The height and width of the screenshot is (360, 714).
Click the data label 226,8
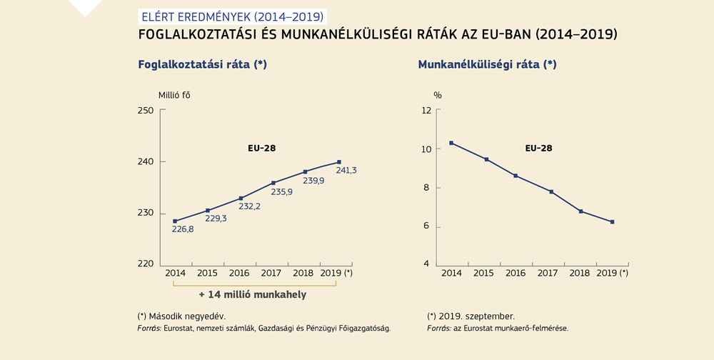(x=182, y=229)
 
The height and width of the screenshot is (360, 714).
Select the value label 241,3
(x=347, y=170)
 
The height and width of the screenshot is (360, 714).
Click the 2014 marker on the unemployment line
(x=451, y=143)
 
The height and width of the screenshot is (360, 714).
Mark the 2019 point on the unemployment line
(x=612, y=222)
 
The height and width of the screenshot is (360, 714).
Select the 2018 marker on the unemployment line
(x=581, y=211)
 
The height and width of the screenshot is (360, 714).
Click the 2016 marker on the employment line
(x=241, y=198)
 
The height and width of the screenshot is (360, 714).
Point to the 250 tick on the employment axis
(x=146, y=110)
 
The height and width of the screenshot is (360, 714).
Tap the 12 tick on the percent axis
(x=426, y=110)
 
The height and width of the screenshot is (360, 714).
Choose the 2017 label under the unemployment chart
(x=548, y=273)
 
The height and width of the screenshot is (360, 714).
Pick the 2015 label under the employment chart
(x=207, y=273)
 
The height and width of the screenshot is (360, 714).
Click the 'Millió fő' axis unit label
(x=174, y=95)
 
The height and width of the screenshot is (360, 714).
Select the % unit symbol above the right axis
(x=438, y=95)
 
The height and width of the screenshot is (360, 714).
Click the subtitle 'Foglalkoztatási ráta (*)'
(x=202, y=64)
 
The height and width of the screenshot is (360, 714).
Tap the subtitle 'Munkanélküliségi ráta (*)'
(x=487, y=64)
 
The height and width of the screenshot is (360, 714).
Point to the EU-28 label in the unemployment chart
(x=538, y=149)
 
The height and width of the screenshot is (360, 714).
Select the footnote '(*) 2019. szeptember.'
(x=471, y=315)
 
